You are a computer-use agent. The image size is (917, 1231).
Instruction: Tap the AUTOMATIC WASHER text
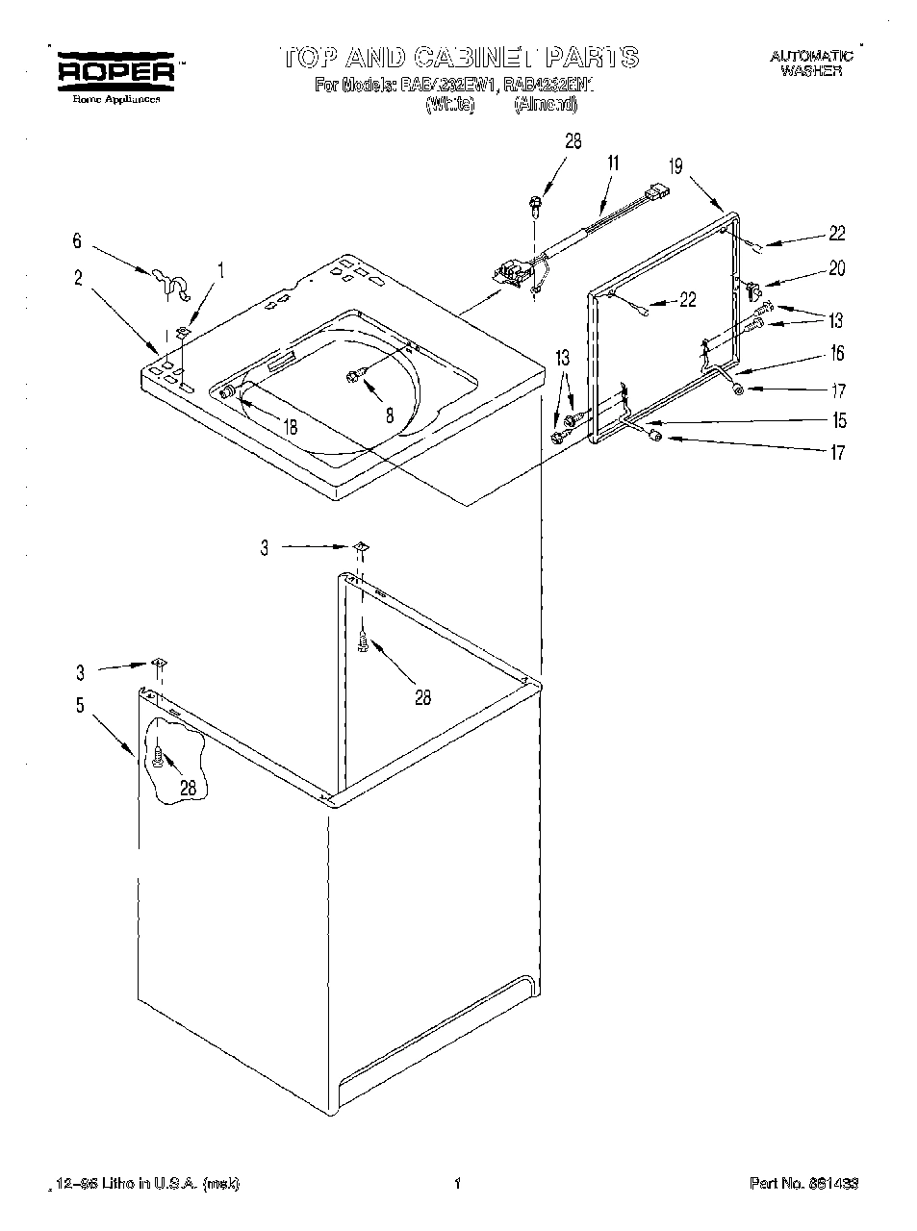[x=810, y=63]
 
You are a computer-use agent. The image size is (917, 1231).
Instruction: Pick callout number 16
[x=837, y=354]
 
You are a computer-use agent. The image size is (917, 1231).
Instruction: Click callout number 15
[x=838, y=420]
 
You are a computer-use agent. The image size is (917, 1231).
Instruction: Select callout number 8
[x=389, y=416]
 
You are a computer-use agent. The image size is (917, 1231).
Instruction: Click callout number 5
[x=80, y=707]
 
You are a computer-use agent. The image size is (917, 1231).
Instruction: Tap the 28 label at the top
[x=573, y=141]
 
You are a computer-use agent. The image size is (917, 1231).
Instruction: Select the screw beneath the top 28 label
[x=534, y=204]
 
